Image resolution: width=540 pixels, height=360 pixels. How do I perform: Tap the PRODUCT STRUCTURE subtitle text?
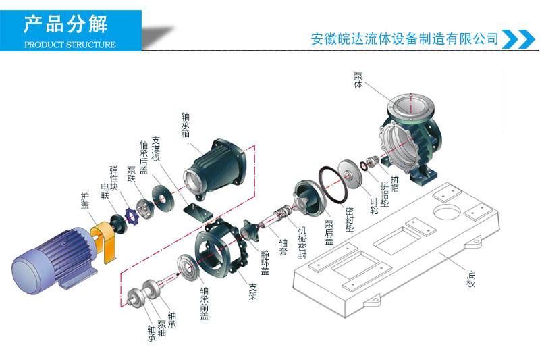coord(70,45)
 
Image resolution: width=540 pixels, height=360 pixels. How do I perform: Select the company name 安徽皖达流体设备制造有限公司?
coord(404,38)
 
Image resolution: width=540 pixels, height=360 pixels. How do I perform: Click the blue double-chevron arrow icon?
coord(518,38)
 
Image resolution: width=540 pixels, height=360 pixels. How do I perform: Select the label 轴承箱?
coord(185,125)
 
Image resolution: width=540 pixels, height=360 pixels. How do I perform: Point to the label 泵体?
coord(358,81)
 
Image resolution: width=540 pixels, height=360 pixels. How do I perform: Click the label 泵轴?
coord(162,324)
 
